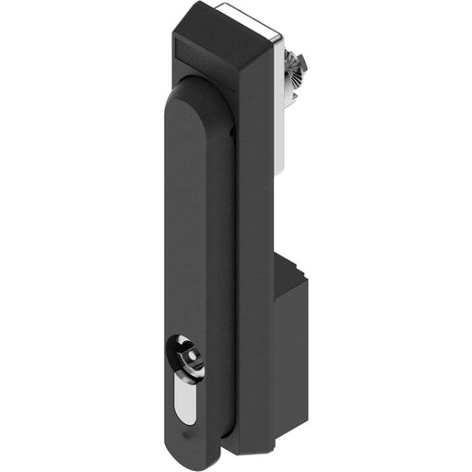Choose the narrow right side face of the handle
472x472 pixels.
(219, 277)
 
